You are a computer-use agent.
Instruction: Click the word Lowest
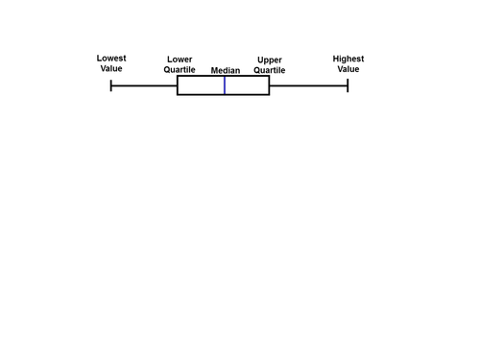111,59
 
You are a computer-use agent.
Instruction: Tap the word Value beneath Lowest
111,69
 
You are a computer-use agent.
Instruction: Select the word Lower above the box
180,60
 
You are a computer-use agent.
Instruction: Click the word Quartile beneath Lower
180,70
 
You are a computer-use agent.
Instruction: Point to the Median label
225,70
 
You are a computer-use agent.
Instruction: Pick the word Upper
270,60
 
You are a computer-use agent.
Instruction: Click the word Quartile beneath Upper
270,70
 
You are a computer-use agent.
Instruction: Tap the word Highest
348,59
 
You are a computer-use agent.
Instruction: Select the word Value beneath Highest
348,69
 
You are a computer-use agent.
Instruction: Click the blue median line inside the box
225,85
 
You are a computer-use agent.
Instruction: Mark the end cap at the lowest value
111,85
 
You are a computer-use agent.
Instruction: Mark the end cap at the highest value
348,85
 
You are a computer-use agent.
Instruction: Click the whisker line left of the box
144,85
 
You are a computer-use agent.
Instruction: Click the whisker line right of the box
308,85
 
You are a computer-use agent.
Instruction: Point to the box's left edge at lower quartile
178,85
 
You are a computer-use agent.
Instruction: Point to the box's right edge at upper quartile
269,85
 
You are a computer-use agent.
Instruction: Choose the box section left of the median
201,85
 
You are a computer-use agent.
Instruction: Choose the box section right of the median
247,85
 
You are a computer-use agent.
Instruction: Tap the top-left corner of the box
178,77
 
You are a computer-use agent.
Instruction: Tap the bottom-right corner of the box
269,95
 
